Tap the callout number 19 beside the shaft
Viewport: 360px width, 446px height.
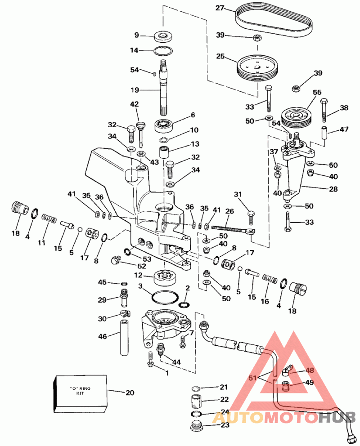[135, 90]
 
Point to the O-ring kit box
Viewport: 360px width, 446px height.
[80, 393]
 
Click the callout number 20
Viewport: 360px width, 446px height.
[130, 392]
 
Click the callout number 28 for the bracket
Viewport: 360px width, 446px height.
[333, 189]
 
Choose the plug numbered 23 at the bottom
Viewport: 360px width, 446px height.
[196, 426]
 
